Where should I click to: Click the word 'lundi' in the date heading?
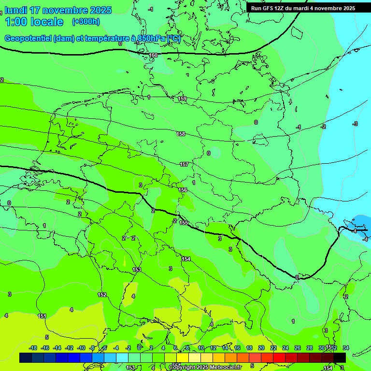16,10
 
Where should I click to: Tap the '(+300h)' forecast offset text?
86,21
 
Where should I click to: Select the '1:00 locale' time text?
34,22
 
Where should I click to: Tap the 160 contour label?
153,56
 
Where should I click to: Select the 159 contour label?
182,99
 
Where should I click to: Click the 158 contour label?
181,134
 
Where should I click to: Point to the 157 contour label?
184,165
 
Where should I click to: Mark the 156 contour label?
183,190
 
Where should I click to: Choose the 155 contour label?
184,223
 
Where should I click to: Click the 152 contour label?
102,295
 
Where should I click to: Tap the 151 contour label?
42,316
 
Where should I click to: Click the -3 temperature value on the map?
355,124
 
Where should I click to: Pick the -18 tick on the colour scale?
33,348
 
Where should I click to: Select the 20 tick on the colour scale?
261,348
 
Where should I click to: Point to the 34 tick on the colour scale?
345,348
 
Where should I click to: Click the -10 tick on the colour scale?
81,348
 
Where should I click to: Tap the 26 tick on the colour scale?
298,348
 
